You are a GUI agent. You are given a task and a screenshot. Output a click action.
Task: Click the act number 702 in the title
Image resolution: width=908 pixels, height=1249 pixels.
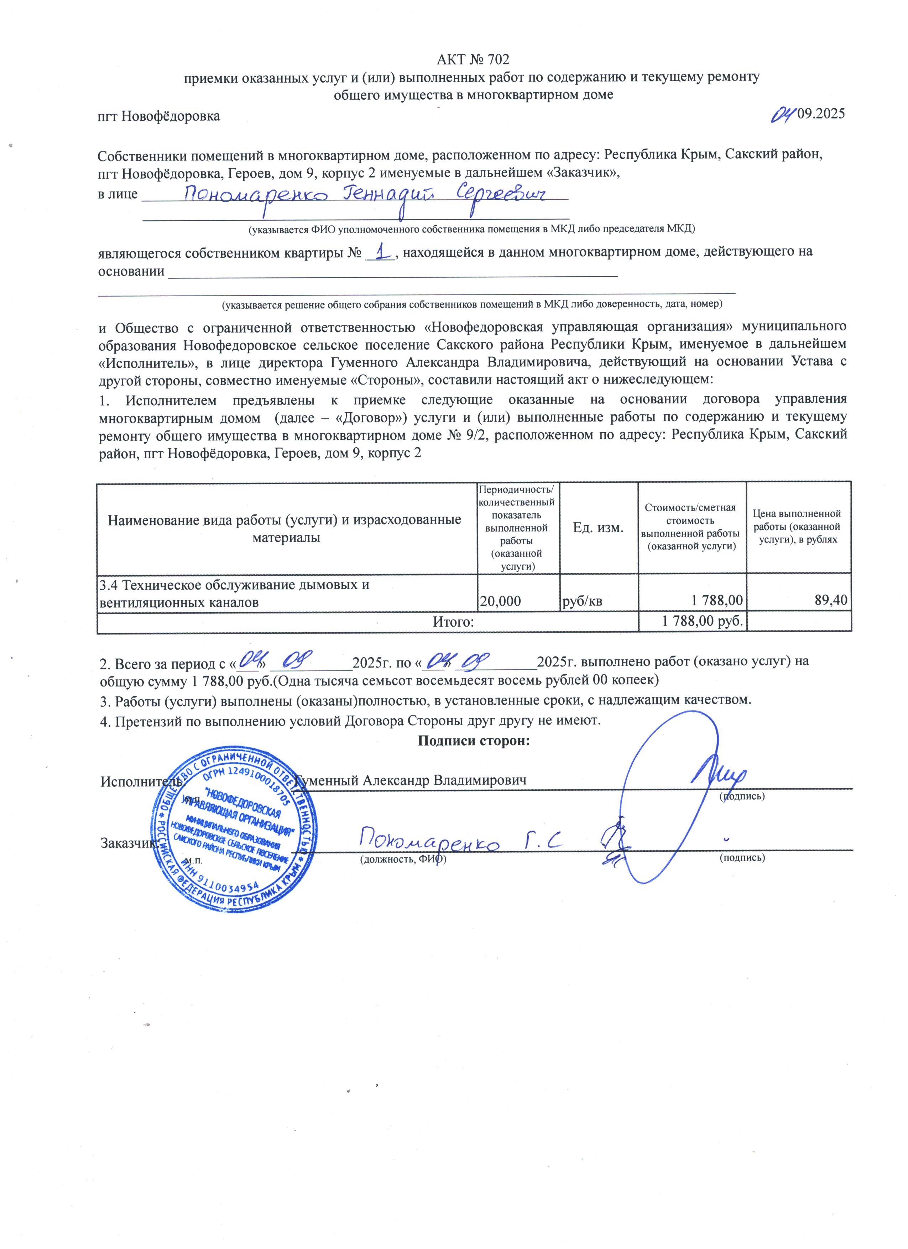coord(498,59)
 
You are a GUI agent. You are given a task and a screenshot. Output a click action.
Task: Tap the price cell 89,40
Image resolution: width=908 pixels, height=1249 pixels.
coord(831,600)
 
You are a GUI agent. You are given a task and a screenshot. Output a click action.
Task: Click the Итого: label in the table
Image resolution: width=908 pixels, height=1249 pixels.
coord(453,622)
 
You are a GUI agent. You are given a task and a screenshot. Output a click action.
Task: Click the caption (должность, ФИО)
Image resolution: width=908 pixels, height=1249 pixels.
coord(402,858)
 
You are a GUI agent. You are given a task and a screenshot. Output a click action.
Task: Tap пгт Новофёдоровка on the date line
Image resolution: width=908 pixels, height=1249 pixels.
coord(158,116)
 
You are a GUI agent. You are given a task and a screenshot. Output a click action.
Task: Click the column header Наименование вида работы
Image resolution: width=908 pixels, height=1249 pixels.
coord(285,528)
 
